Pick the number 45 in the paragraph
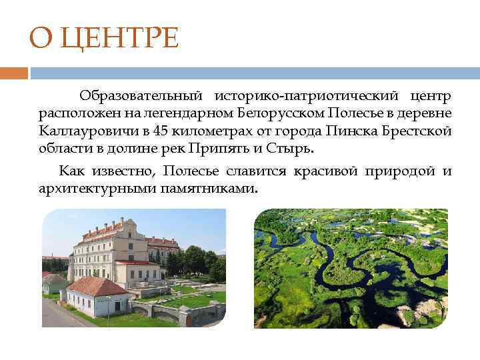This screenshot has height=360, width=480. pos(161,131)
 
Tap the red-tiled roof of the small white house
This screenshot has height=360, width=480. pos(97,286)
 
